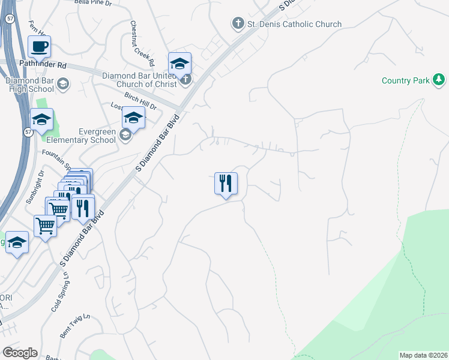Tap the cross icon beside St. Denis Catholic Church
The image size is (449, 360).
[x=238, y=24]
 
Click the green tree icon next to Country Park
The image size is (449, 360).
[x=439, y=79]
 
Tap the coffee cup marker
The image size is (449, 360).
[x=40, y=46]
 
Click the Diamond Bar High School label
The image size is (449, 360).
[x=30, y=85]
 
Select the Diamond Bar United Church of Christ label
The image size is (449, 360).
[x=139, y=80]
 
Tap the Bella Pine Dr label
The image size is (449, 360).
[x=93, y=3]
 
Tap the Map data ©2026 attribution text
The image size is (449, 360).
[x=423, y=355]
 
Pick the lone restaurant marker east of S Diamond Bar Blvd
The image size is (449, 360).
[x=226, y=183]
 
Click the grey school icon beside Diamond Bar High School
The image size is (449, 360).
[x=64, y=85]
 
